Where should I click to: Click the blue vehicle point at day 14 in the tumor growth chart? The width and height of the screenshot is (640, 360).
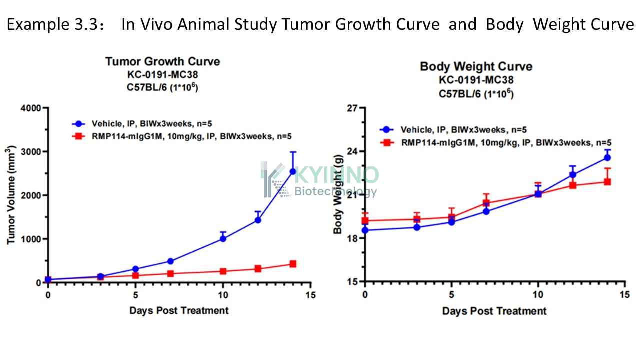(x=293, y=171)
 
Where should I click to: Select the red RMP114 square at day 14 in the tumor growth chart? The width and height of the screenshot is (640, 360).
(x=293, y=264)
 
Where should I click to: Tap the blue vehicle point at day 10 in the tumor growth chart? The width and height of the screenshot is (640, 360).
(x=223, y=239)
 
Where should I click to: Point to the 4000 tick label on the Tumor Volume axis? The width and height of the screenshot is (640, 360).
(x=31, y=108)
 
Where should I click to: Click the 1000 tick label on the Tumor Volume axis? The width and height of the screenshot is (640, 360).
(x=31, y=239)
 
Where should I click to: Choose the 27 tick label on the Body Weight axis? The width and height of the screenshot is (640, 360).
(x=352, y=108)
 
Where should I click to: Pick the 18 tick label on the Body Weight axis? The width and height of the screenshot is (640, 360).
(x=352, y=238)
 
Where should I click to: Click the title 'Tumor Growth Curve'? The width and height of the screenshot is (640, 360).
(x=163, y=61)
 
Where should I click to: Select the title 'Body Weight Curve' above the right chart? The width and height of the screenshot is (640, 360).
(x=476, y=67)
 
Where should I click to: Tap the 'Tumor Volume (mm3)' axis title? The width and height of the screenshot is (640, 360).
(x=11, y=195)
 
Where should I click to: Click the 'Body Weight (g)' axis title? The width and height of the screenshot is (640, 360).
(x=338, y=194)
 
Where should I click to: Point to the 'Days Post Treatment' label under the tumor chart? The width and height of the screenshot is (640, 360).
(x=179, y=311)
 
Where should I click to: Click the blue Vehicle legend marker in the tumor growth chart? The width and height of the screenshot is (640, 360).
(x=78, y=124)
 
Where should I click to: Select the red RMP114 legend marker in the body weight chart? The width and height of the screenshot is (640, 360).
(x=387, y=142)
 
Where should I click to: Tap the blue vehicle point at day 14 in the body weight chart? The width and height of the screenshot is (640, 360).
(x=607, y=157)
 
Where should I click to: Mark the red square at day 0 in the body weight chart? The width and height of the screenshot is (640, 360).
(x=365, y=221)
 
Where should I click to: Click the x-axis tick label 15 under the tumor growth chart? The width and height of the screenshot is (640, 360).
(x=310, y=295)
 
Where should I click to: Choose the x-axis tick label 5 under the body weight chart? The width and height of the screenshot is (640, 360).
(x=451, y=295)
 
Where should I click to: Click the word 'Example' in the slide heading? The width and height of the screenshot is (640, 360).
(x=38, y=25)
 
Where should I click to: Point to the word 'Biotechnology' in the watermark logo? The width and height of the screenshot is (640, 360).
(x=335, y=191)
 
